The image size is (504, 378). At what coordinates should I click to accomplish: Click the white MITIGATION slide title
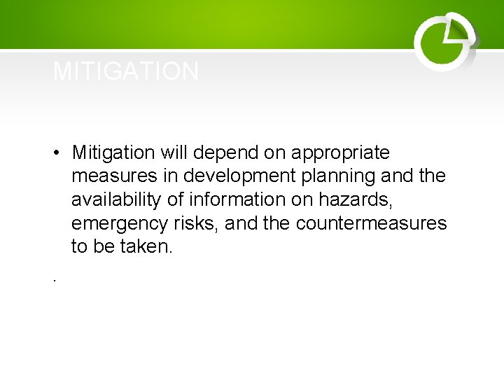126,71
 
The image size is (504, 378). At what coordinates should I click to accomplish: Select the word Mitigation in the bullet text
113,153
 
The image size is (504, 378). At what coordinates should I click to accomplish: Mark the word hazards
356,200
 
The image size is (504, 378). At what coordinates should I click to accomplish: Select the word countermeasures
371,224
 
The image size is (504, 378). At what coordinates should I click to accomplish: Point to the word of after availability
176,200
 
